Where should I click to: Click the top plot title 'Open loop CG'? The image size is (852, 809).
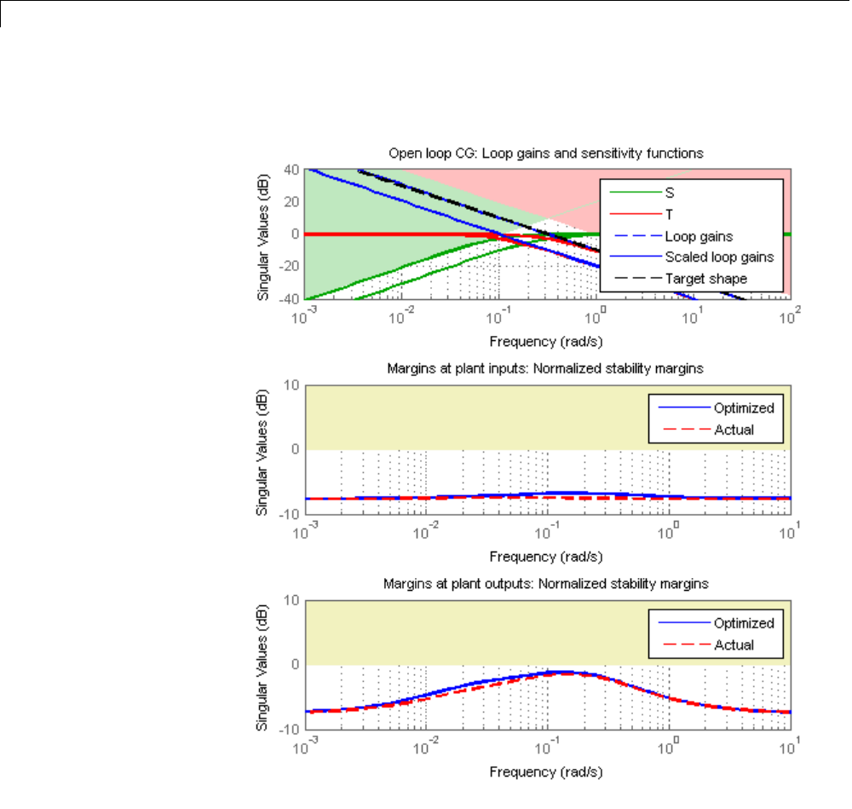pyautogui.click(x=545, y=154)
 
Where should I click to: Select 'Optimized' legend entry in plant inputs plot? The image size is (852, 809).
pyautogui.click(x=744, y=407)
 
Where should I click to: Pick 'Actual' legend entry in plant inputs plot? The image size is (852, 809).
pyautogui.click(x=734, y=429)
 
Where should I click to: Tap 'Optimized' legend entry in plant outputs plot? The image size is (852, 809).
pyautogui.click(x=744, y=623)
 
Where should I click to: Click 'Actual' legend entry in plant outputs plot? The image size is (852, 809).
pyautogui.click(x=734, y=644)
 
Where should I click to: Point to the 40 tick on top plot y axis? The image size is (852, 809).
pyautogui.click(x=291, y=170)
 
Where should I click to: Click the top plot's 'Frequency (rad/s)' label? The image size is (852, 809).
pyautogui.click(x=546, y=341)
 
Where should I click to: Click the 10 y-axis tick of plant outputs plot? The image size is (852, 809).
pyautogui.click(x=291, y=600)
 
